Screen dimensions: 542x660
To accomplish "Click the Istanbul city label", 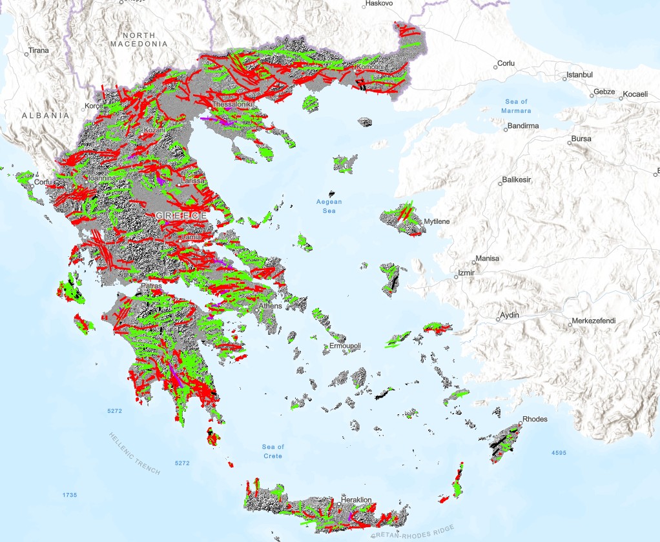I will (x=579, y=75).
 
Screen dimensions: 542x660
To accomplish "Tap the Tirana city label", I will (x=38, y=51).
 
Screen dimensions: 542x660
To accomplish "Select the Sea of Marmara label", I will (x=516, y=106).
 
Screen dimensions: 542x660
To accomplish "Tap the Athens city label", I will (x=271, y=306).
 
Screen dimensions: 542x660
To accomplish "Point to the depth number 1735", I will (x=70, y=495).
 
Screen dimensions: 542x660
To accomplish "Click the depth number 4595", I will (x=559, y=453).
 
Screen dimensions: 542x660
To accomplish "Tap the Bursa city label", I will (x=581, y=139).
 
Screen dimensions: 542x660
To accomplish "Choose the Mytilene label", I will (x=437, y=222).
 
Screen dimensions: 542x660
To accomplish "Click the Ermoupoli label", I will (x=345, y=346).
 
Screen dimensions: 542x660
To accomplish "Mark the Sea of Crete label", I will (x=273, y=451).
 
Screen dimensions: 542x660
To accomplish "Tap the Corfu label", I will (x=43, y=183).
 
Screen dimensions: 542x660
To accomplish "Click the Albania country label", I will (x=45, y=115).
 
